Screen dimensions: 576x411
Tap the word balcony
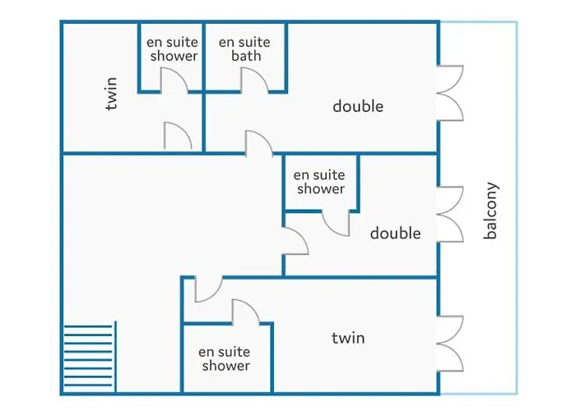click(490, 210)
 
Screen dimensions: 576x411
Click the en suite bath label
click(244, 48)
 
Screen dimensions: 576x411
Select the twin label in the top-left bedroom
click(110, 93)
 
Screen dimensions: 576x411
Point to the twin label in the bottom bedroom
click(348, 338)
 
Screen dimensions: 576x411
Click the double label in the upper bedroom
click(358, 106)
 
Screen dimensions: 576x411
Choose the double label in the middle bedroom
click(395, 233)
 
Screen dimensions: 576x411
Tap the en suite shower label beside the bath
click(172, 48)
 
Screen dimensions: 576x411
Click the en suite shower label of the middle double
click(319, 182)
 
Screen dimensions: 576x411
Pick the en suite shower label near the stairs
click(225, 358)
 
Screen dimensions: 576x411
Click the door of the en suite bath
click(254, 79)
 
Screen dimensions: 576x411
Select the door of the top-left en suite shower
click(174, 79)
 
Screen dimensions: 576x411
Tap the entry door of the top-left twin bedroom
click(178, 136)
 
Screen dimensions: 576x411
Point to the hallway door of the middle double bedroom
click(295, 241)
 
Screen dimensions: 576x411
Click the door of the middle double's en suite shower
click(336, 223)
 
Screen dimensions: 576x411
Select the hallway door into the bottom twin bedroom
click(209, 289)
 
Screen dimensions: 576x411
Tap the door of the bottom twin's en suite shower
click(246, 312)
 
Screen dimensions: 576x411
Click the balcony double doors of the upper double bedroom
click(450, 93)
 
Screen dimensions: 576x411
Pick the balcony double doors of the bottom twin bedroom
click(450, 344)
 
